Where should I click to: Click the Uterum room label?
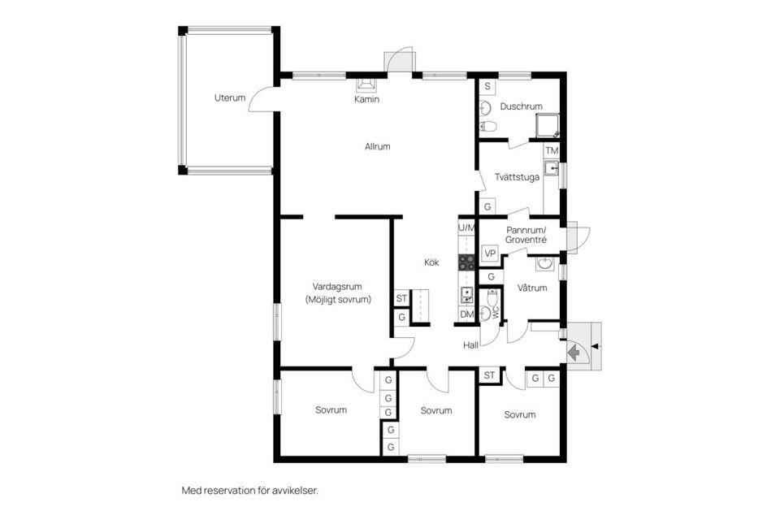(230, 98)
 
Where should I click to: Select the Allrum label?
(378, 147)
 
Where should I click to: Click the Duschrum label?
(521, 106)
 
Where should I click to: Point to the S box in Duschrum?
(487, 86)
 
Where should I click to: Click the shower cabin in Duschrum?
(547, 125)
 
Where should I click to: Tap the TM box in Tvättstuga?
(552, 151)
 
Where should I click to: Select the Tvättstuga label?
(518, 179)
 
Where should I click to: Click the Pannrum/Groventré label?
(526, 236)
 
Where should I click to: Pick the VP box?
(490, 253)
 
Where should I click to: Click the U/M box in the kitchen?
(466, 228)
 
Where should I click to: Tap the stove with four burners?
(466, 262)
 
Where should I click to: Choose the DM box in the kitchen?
(466, 314)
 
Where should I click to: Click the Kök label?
(431, 262)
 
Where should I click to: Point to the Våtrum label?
(532, 288)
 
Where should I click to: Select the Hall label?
(470, 345)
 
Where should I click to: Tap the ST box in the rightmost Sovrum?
(489, 375)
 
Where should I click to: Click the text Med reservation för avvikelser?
(249, 491)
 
